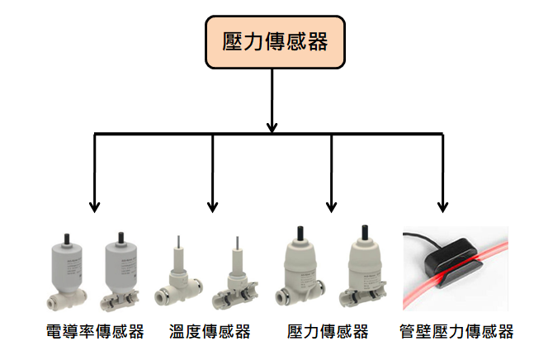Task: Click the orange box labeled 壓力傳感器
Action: [275, 42]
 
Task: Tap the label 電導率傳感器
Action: [95, 331]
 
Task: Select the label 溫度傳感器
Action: [210, 331]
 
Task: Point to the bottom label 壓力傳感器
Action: [328, 331]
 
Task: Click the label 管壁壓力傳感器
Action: [456, 331]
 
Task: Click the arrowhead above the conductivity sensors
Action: [94, 207]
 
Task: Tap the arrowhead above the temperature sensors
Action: [212, 207]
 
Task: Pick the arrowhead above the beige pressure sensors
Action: [331, 207]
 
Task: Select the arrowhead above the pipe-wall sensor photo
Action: [443, 207]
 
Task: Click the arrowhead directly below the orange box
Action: [272, 127]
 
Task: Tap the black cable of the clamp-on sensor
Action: [423, 239]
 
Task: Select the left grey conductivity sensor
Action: [66, 272]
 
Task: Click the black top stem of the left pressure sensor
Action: [300, 234]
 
